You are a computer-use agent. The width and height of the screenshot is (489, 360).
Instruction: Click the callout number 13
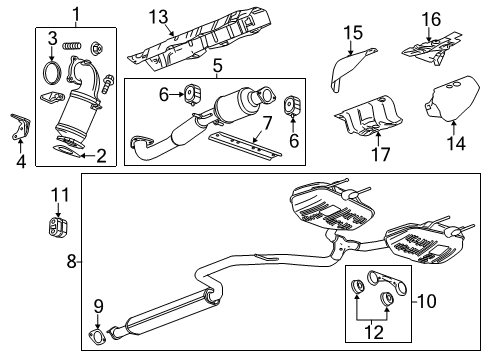158,17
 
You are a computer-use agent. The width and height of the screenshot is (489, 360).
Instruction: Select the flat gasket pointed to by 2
66,151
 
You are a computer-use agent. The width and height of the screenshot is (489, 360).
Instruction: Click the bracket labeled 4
20,127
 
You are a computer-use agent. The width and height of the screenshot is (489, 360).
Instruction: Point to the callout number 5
217,66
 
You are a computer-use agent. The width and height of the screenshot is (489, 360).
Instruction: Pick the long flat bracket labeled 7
245,146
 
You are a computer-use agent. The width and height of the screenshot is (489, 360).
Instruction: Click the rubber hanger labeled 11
57,228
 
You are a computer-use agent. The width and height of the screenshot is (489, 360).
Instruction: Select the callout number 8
72,261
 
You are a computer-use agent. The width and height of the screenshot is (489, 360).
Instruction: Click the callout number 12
374,332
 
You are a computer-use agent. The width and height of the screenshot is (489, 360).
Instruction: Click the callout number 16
431,20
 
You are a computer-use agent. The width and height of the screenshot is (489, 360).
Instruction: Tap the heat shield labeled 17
367,118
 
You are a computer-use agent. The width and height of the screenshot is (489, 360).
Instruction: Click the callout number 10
426,301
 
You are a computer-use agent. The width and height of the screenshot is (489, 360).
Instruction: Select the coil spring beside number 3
72,45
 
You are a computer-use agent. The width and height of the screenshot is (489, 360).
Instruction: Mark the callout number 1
76,14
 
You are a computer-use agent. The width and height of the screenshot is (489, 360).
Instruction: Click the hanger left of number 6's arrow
192,94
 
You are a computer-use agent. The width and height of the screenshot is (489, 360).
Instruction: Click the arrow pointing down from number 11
59,210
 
